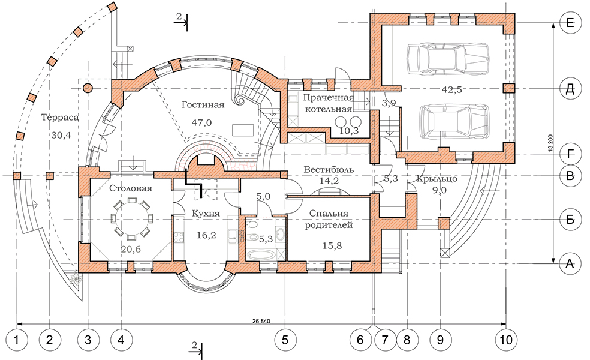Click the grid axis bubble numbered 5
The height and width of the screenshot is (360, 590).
pyautogui.click(x=285, y=340)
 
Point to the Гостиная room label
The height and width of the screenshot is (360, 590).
pyautogui.click(x=203, y=105)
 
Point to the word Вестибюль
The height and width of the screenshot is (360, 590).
pyautogui.click(x=328, y=170)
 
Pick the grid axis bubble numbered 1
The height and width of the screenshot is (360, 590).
pyautogui.click(x=17, y=340)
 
